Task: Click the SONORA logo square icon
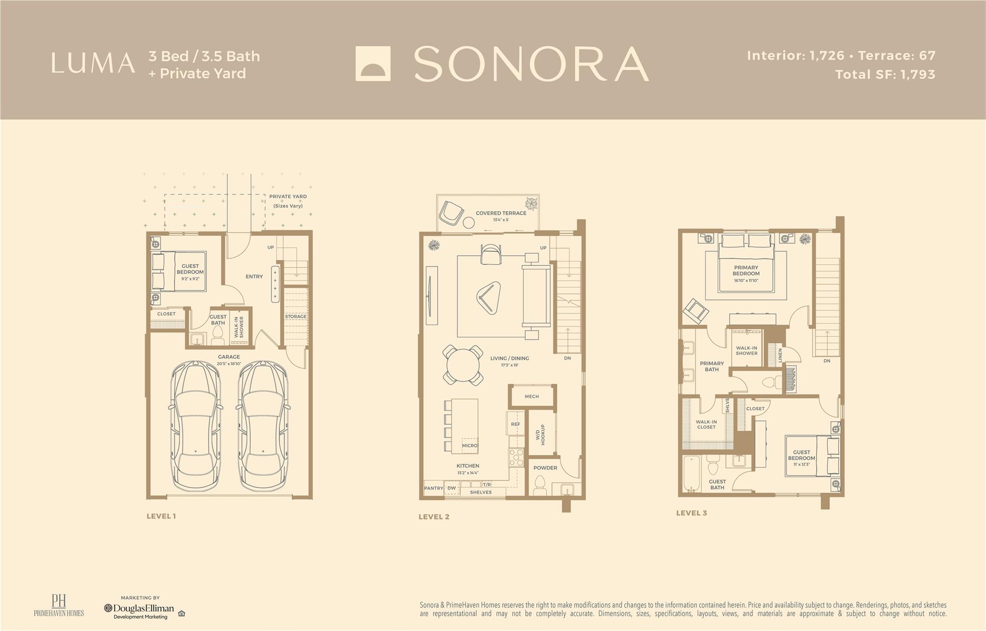click(373, 64)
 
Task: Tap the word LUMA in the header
click(93, 64)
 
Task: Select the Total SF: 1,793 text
click(885, 75)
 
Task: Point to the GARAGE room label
click(229, 357)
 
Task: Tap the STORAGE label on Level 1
click(296, 317)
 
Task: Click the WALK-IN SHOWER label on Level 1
click(239, 327)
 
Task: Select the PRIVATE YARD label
click(288, 196)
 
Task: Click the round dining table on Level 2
click(463, 365)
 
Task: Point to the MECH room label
click(532, 397)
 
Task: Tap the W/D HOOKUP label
click(540, 435)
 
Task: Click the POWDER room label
click(545, 468)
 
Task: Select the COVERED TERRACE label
click(501, 213)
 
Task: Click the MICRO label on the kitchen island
click(469, 446)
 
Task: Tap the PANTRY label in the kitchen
click(433, 488)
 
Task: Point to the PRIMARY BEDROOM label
click(746, 270)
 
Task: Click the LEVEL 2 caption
click(434, 517)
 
